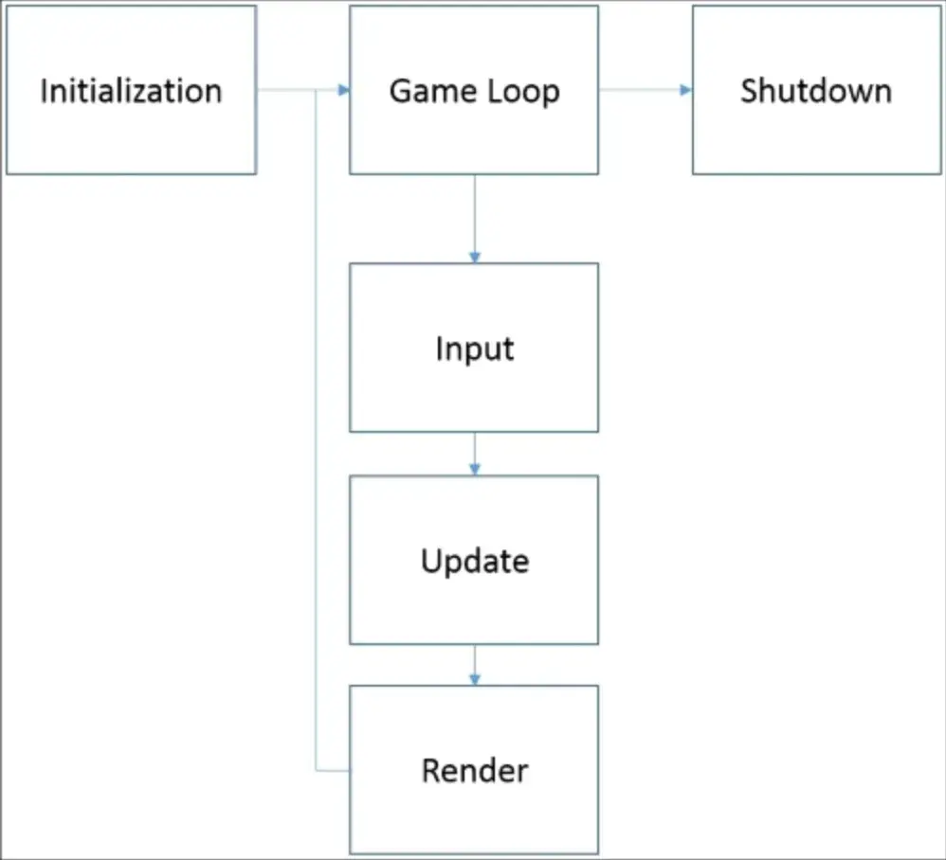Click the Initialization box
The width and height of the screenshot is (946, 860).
131,90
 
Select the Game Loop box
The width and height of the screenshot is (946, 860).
474,90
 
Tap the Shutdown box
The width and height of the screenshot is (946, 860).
816,90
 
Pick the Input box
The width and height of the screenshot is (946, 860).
474,348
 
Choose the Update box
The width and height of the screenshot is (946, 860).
474,560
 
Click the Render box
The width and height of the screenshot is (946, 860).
474,770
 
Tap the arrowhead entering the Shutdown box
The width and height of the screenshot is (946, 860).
685,90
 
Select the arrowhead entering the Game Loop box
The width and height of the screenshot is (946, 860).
343,90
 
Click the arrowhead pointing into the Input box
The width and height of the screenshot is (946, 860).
474,257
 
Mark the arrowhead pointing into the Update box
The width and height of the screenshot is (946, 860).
474,469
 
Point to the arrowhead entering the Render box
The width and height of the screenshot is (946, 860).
474,679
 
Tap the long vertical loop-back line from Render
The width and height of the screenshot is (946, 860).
315,426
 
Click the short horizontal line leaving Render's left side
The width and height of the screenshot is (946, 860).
332,771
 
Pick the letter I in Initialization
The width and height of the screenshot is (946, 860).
44,91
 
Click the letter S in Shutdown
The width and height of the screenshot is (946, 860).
750,91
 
